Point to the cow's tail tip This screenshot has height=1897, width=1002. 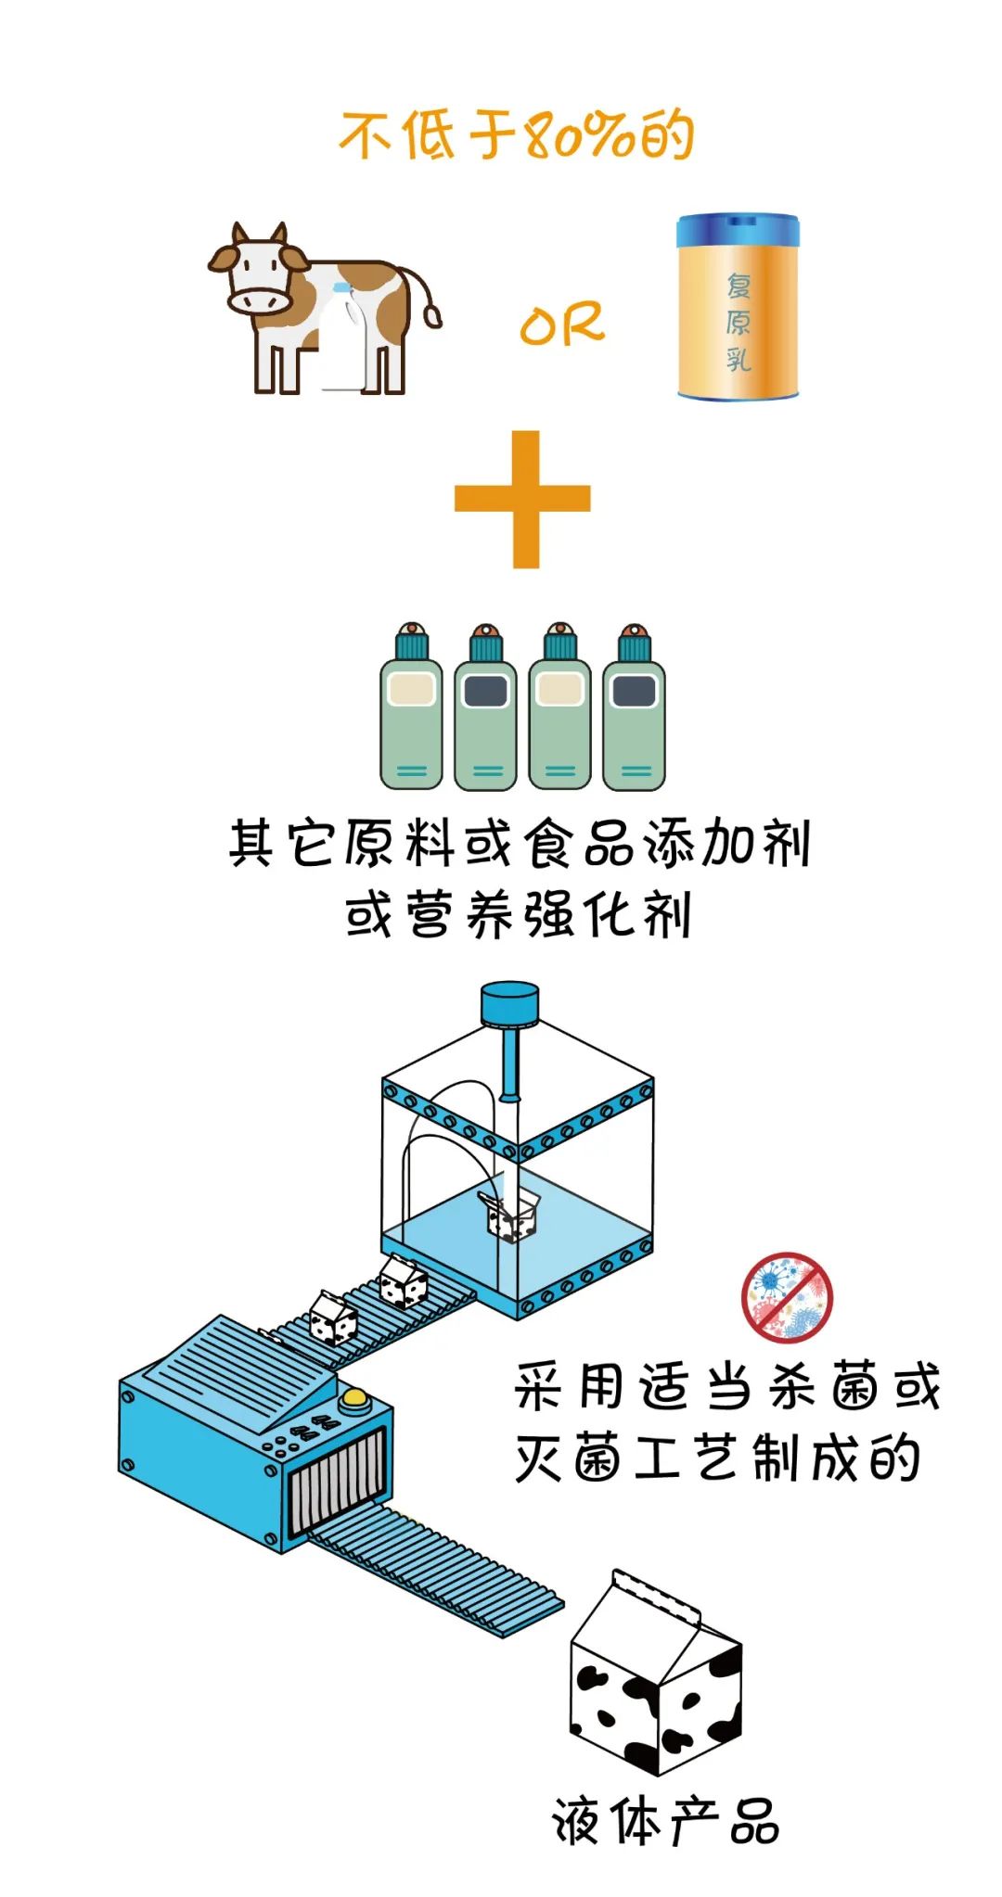(432, 316)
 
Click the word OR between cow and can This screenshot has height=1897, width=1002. (561, 325)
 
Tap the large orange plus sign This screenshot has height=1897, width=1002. (523, 499)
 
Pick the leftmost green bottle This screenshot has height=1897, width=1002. (411, 709)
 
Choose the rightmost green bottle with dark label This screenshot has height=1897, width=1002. (634, 709)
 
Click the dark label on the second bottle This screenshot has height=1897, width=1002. (485, 691)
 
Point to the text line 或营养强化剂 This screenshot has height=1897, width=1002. (518, 915)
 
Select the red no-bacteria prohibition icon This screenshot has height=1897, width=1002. (787, 1297)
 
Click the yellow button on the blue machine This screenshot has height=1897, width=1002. (353, 1397)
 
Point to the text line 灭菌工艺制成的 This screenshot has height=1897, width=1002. (717, 1458)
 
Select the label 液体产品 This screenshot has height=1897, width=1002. (665, 1822)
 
